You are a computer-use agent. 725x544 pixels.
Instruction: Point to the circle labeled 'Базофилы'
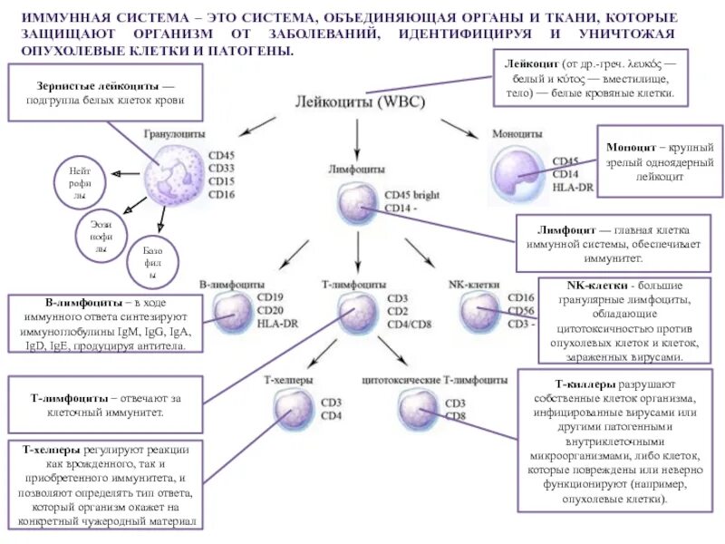coord(152,261)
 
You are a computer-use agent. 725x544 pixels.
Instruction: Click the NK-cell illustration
coord(478,311)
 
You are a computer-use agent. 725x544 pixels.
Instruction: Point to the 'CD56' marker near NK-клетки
coord(521,309)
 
